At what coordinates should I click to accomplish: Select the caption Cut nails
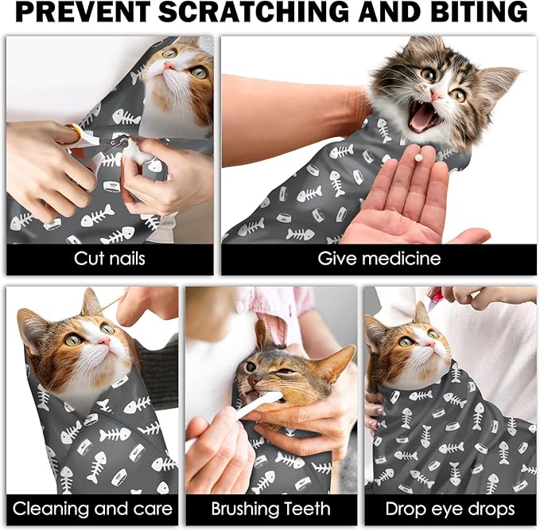click(x=110, y=259)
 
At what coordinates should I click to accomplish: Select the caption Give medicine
click(x=379, y=259)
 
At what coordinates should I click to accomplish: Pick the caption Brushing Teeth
click(x=270, y=509)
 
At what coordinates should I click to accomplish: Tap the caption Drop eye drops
click(x=450, y=509)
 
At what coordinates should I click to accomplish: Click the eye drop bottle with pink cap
click(x=435, y=299)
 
